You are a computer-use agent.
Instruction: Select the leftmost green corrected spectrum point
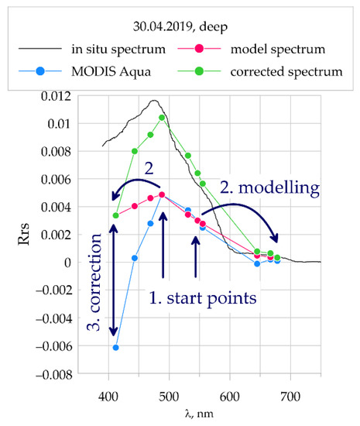coord(116,215)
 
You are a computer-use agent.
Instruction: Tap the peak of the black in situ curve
coord(154,101)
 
